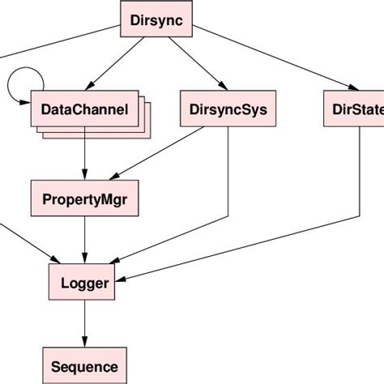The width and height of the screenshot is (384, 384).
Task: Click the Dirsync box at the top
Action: tap(156, 21)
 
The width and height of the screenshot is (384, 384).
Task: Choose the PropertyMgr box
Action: tap(84, 197)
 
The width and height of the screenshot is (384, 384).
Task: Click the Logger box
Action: tap(84, 284)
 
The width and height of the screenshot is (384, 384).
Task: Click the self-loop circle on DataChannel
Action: tap(22, 81)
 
